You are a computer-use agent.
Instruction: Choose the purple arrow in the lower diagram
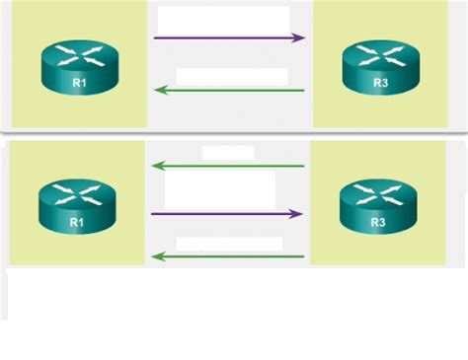(x=226, y=213)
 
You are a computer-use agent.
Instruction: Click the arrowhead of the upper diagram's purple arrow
(x=299, y=38)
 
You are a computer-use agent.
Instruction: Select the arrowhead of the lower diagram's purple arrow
(x=296, y=213)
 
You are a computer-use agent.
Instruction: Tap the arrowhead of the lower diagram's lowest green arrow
(x=156, y=257)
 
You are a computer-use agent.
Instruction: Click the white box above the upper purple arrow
(x=223, y=19)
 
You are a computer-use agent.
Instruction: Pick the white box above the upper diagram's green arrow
(x=231, y=76)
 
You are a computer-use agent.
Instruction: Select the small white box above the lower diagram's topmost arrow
(x=227, y=153)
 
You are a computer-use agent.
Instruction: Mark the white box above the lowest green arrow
(x=229, y=243)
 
